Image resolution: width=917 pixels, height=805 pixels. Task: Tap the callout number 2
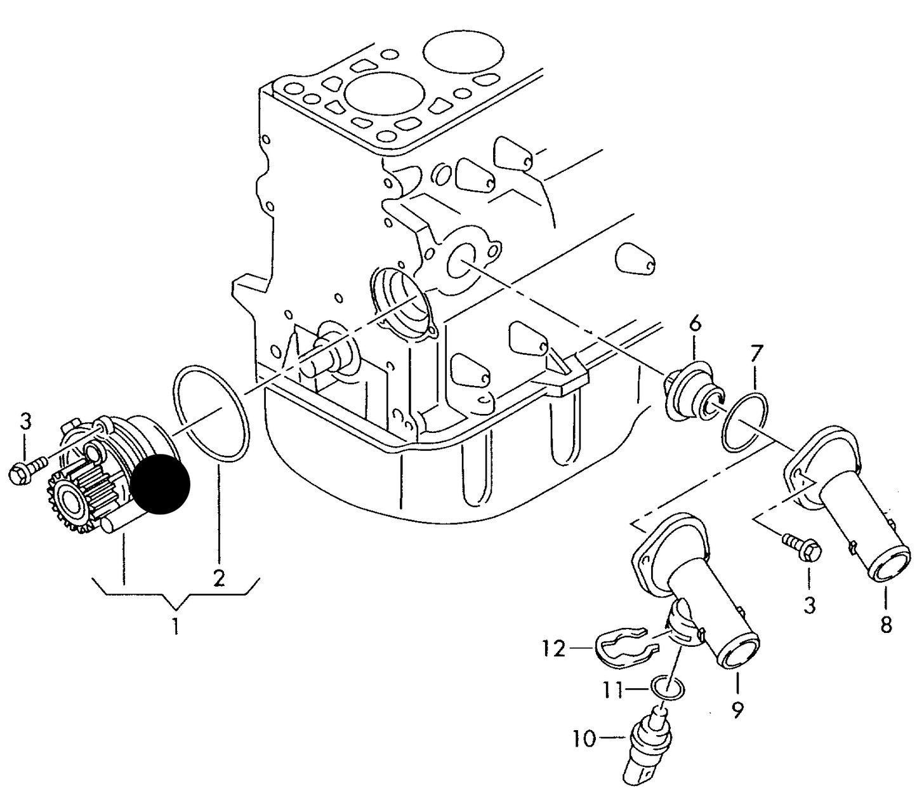coord(218,578)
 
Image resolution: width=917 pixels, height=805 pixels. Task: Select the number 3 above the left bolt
coord(26,422)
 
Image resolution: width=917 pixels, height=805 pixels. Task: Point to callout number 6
coord(696,324)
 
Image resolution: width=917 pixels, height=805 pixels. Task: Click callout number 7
coord(756,354)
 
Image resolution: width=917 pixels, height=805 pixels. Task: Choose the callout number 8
coord(886,625)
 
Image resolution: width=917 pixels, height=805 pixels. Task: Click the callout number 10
coord(584,740)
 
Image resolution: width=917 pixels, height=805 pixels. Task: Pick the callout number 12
coord(554,649)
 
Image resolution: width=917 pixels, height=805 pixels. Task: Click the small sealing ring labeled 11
coord(667,689)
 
